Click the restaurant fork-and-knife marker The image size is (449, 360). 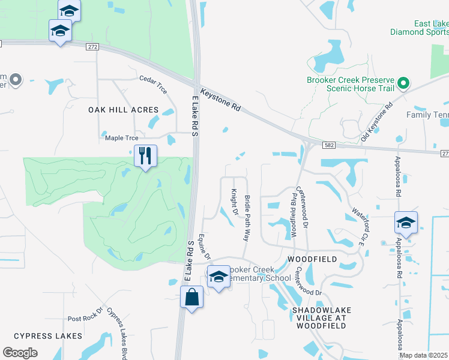(145, 157)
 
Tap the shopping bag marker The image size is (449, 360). (191, 298)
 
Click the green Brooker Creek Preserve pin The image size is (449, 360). (405, 83)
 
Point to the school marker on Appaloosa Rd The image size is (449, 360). (406, 223)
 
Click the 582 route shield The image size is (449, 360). (328, 145)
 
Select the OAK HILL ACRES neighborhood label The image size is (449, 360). (123, 110)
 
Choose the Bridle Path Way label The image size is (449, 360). (247, 218)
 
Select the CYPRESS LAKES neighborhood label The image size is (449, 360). (47, 336)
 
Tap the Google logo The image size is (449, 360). (20, 353)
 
